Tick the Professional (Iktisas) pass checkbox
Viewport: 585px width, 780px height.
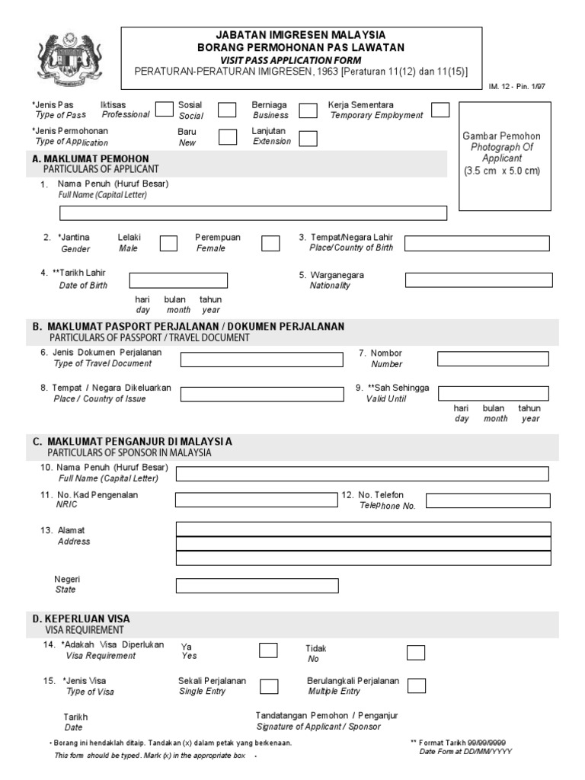[x=164, y=110]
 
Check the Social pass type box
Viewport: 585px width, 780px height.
[x=227, y=110]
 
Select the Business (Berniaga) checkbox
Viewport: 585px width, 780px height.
[x=308, y=110]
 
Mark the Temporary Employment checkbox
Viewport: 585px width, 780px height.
[x=440, y=110]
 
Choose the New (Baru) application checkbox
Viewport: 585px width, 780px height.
[x=227, y=136]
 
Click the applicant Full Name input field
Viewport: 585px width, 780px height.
[x=253, y=213]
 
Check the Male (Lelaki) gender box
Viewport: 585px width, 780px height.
[x=168, y=243]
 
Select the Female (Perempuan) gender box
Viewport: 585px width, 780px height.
[x=270, y=243]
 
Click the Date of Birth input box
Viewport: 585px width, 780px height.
[x=178, y=280]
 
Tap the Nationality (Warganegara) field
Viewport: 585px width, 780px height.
[x=478, y=280]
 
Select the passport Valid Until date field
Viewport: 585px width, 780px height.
[x=494, y=393]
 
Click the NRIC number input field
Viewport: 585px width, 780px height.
[x=256, y=500]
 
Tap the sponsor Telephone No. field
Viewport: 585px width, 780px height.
[x=487, y=500]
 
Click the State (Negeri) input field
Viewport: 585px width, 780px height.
[x=256, y=586]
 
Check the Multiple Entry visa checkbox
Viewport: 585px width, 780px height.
[x=416, y=686]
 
